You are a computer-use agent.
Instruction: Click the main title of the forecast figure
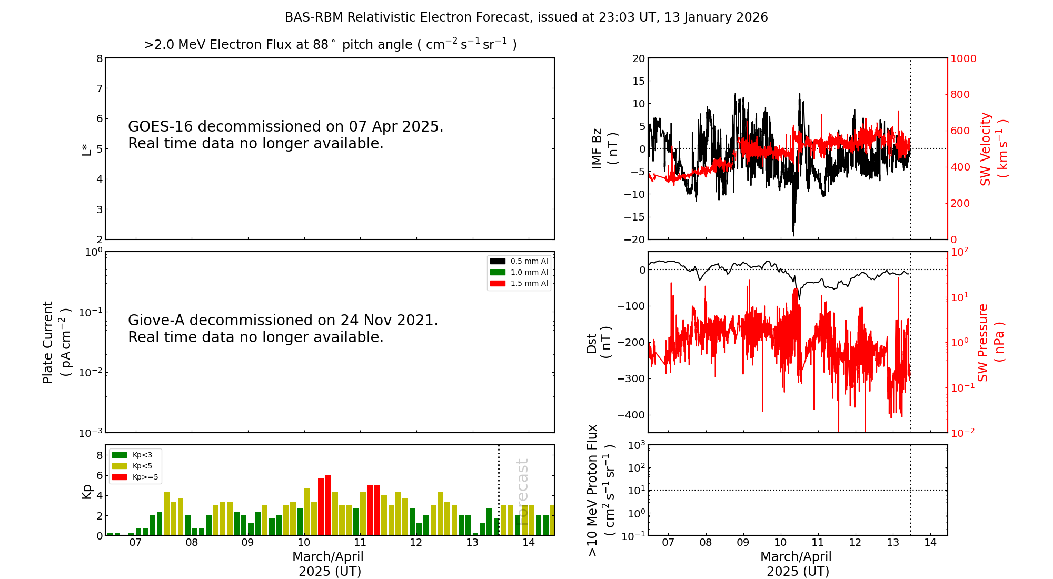click(x=526, y=17)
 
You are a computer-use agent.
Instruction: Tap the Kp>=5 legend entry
click(x=135, y=477)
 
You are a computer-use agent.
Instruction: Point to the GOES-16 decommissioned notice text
click(x=285, y=135)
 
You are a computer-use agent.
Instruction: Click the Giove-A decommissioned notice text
click(x=283, y=328)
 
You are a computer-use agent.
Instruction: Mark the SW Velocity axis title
click(x=993, y=148)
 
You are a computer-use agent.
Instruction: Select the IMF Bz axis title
click(x=604, y=148)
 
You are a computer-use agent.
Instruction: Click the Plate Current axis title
click(x=56, y=342)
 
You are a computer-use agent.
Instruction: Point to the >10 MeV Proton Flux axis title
click(x=601, y=490)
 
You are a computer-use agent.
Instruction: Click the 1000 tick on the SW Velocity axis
click(x=963, y=58)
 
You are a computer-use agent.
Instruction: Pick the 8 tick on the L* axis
click(x=100, y=58)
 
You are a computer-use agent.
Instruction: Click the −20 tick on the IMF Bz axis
click(x=634, y=239)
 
